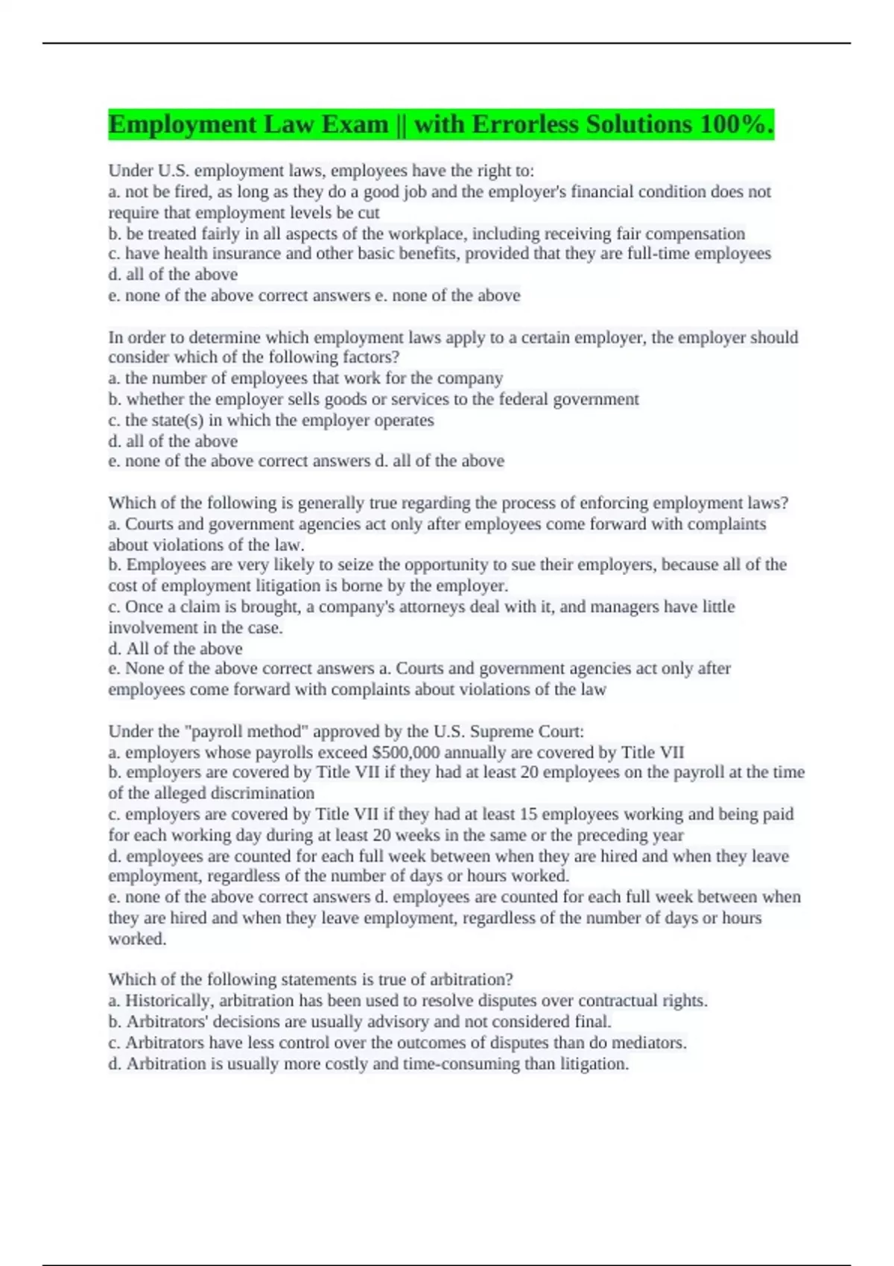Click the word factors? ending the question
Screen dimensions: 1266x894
370,357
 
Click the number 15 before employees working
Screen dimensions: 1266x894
528,814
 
